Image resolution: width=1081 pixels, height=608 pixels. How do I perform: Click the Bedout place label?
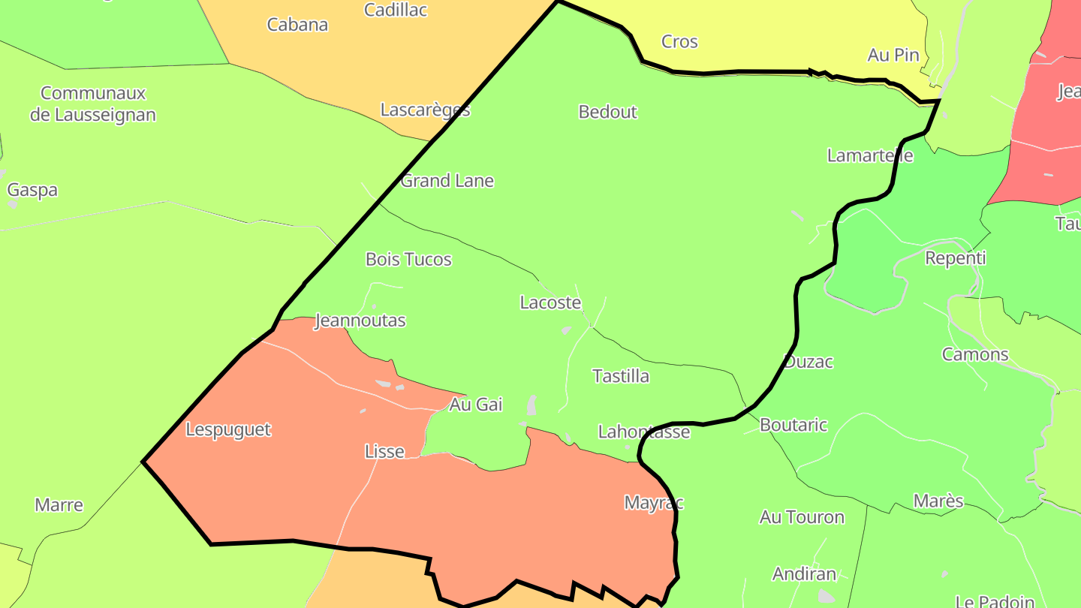pyautogui.click(x=607, y=112)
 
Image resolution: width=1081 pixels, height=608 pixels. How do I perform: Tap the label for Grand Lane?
pyautogui.click(x=447, y=181)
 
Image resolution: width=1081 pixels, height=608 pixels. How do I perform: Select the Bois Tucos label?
pyautogui.click(x=408, y=260)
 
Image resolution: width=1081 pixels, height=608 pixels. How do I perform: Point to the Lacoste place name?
pyautogui.click(x=550, y=302)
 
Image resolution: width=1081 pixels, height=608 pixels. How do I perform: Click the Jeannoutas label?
pyautogui.click(x=360, y=321)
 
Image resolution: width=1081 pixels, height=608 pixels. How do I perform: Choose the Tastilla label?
pyautogui.click(x=621, y=376)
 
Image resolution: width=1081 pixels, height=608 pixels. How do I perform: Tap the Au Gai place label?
pyautogui.click(x=475, y=405)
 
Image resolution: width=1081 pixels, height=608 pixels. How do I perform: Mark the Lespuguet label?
pyautogui.click(x=228, y=430)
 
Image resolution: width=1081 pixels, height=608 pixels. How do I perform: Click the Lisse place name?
pyautogui.click(x=384, y=452)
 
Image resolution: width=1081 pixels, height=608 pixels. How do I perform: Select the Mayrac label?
pyautogui.click(x=654, y=503)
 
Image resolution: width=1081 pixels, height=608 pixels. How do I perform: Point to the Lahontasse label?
pyautogui.click(x=643, y=432)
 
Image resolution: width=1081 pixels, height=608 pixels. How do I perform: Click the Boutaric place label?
pyautogui.click(x=793, y=425)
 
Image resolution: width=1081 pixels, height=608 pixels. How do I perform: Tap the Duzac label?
pyautogui.click(x=808, y=362)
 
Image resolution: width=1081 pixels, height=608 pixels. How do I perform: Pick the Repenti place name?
pyautogui.click(x=955, y=258)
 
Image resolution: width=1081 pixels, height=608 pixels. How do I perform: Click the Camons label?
pyautogui.click(x=975, y=354)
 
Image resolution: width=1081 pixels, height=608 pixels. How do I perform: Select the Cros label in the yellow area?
pyautogui.click(x=679, y=42)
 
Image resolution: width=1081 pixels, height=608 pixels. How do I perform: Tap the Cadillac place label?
pyautogui.click(x=396, y=10)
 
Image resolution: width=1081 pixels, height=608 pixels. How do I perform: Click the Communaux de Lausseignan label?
pyautogui.click(x=93, y=104)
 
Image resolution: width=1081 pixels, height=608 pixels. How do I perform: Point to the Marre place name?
pyautogui.click(x=59, y=505)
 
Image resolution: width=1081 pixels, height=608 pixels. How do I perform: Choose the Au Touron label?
pyautogui.click(x=802, y=517)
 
